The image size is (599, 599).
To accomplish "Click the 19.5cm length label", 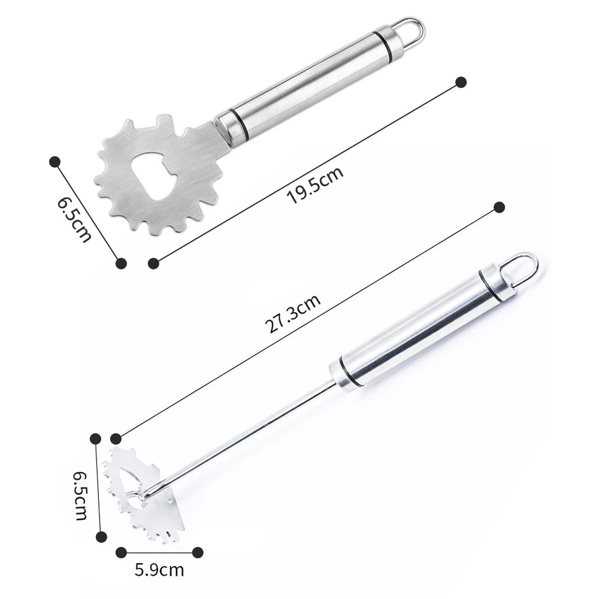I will pyautogui.click(x=316, y=186).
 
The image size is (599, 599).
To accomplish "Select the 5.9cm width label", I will pyautogui.click(x=159, y=569).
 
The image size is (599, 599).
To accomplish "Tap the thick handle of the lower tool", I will pyautogui.click(x=419, y=329).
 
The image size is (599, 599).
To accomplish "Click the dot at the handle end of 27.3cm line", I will pyautogui.click(x=500, y=208).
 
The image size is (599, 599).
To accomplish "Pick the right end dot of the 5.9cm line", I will pyautogui.click(x=197, y=552).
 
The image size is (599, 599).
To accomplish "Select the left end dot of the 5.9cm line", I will pyautogui.click(x=122, y=552).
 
